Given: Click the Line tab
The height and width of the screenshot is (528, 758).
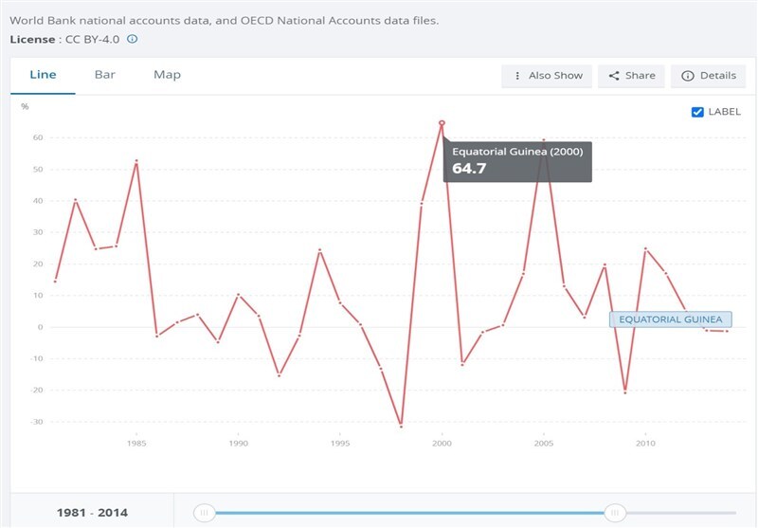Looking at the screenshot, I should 43,75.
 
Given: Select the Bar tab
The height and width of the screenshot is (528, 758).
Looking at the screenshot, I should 104,75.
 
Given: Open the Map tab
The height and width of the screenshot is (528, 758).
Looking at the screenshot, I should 167,75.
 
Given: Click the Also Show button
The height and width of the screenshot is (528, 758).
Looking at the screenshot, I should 547,76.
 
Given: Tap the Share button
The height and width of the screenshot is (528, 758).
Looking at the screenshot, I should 631,76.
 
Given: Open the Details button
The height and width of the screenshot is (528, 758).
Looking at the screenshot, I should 708,76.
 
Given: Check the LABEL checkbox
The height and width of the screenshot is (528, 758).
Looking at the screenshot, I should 699,112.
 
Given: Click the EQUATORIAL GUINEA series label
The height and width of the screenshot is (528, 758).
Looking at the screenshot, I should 671,319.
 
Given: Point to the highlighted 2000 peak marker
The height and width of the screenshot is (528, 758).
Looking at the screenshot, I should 442,123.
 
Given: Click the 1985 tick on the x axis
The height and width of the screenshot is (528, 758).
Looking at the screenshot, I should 136,443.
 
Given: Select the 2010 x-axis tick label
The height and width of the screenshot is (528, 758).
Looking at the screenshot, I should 645,443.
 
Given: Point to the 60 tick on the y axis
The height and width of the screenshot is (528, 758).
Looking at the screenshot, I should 38,137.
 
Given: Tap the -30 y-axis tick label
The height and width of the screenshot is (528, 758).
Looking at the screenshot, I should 37,422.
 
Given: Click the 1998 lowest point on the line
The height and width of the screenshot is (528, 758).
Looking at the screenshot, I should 401,426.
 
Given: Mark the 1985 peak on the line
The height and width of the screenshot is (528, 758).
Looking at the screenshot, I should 136,161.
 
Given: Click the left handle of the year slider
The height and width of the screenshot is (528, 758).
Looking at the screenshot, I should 203,513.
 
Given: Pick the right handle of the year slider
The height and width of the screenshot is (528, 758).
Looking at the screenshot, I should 615,513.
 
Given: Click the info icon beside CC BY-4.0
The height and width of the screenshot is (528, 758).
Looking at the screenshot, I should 133,39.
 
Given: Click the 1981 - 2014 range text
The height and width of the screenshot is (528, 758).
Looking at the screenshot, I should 91,513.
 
